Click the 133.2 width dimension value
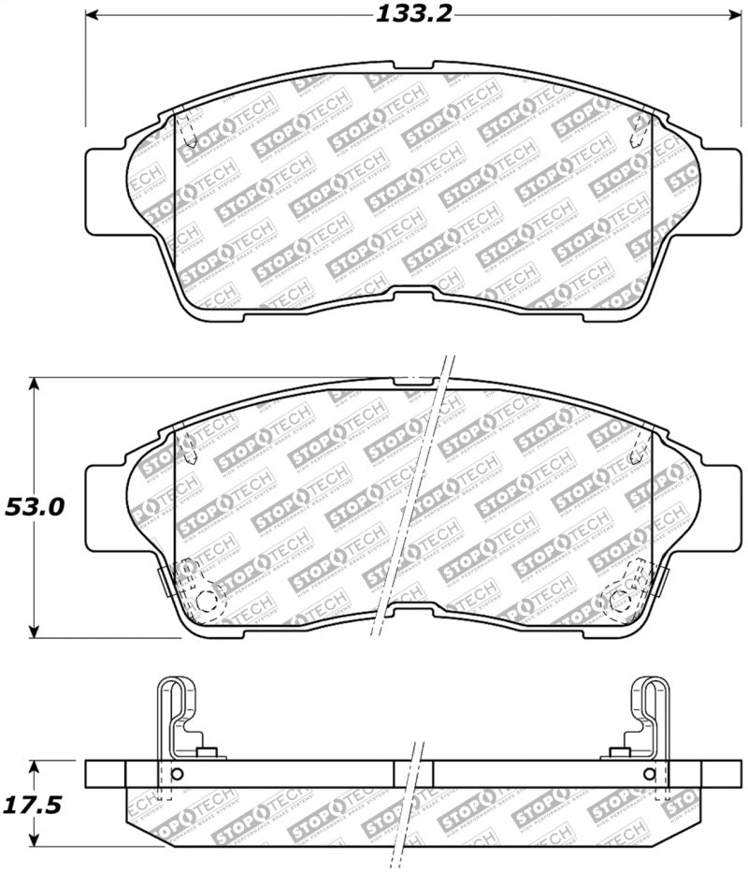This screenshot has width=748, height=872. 407,15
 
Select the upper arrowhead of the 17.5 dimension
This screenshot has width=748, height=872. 35,765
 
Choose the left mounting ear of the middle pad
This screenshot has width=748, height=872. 105,506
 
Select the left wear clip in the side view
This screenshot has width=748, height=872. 178,711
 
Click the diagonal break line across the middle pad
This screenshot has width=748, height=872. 411,496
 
